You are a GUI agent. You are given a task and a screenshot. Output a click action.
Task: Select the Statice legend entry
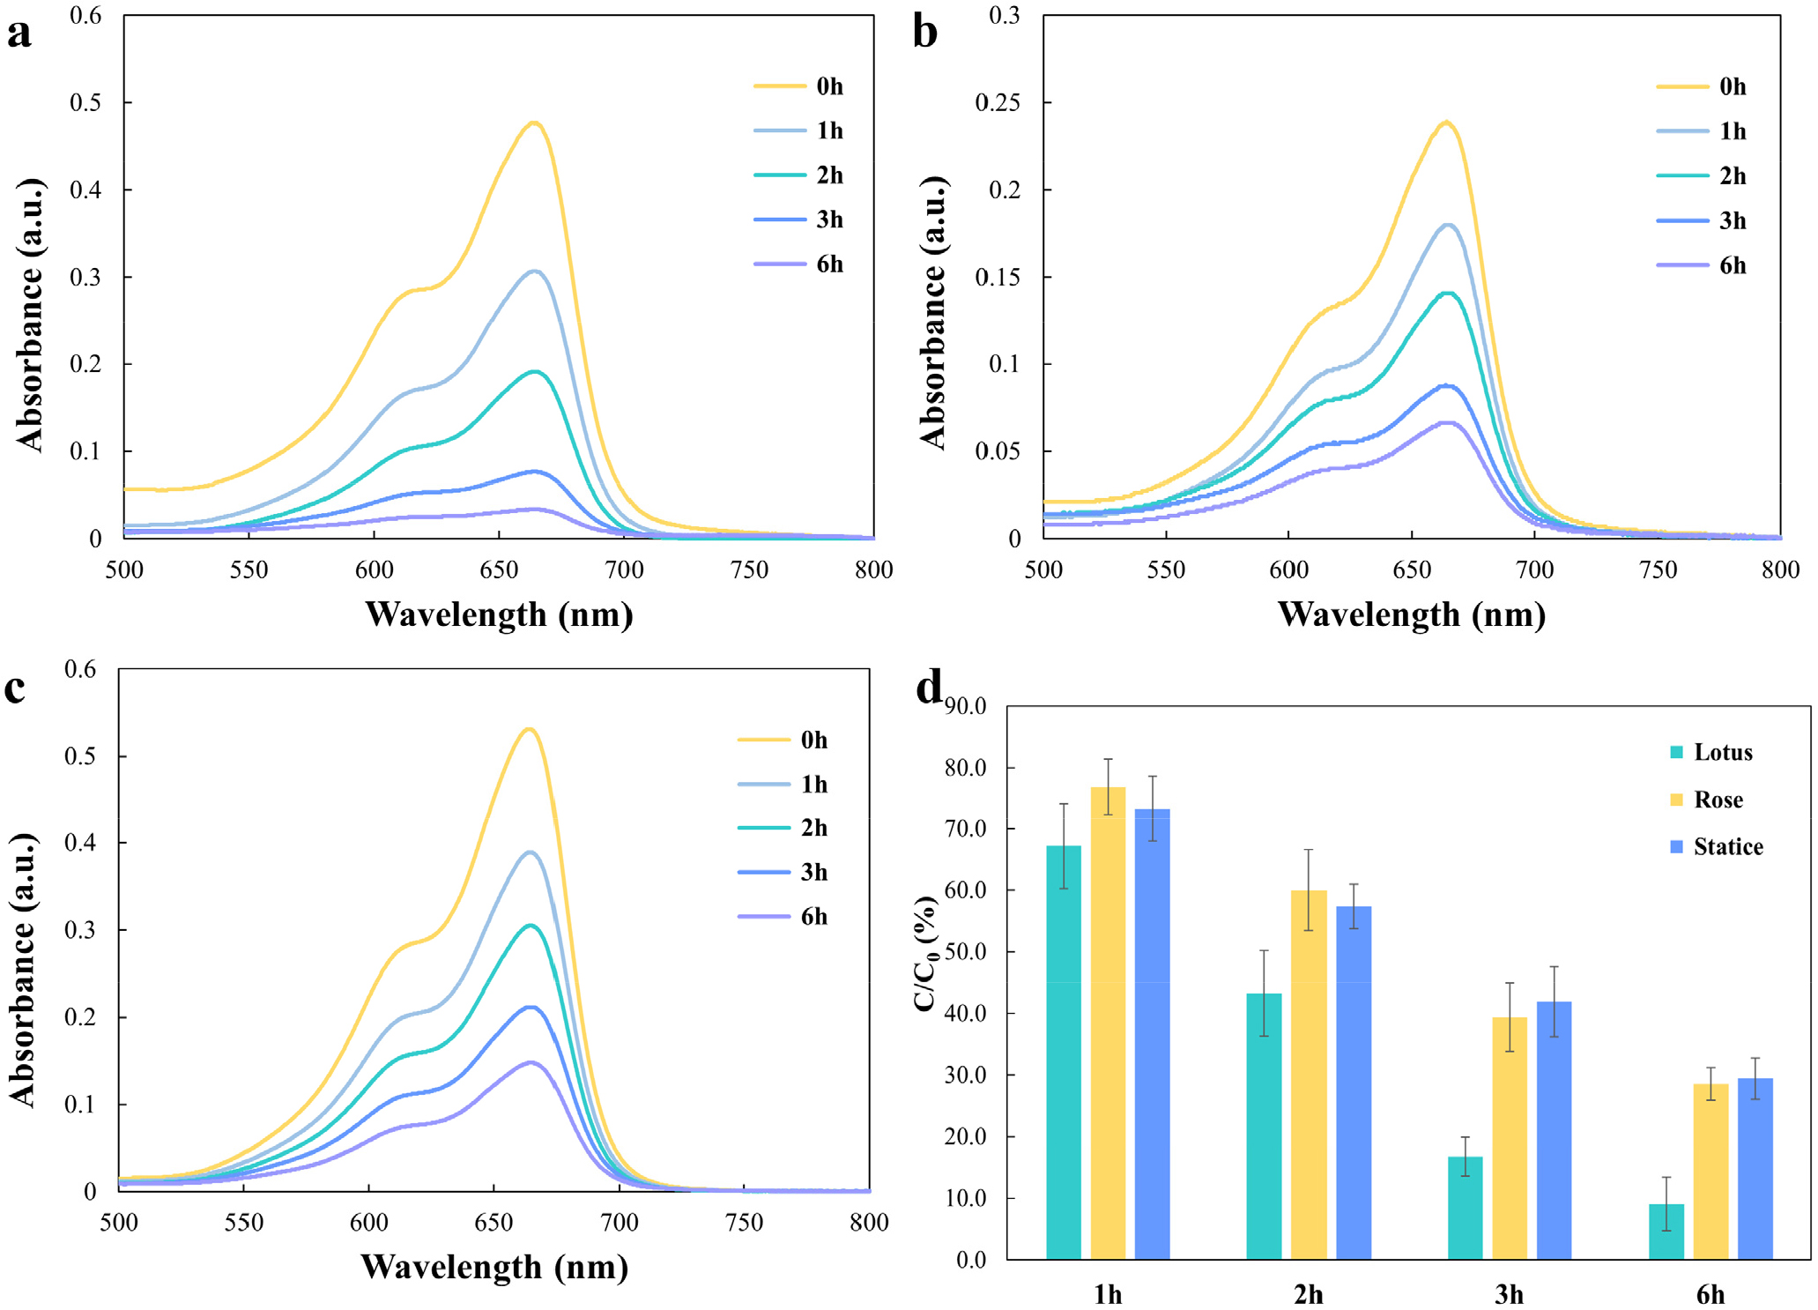[1717, 846]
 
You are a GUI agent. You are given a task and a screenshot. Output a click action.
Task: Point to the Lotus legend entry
[1710, 752]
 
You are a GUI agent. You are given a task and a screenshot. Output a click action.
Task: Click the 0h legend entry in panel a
[798, 86]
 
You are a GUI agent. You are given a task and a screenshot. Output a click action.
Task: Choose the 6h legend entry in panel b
[1701, 265]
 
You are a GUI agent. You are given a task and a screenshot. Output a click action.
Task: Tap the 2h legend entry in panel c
[783, 828]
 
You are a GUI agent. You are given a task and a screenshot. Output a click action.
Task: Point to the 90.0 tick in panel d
[965, 706]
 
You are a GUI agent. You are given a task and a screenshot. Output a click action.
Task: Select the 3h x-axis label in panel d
[1509, 1294]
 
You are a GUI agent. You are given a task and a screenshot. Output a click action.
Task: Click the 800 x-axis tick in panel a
[873, 569]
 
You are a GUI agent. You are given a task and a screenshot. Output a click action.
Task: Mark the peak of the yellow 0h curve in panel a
[534, 123]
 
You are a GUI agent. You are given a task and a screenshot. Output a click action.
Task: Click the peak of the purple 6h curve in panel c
[531, 1062]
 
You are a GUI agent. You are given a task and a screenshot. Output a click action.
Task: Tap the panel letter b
[924, 33]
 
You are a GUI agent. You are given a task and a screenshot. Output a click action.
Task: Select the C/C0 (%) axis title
[924, 953]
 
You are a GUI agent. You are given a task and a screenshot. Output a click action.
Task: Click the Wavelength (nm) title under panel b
[1411, 614]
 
